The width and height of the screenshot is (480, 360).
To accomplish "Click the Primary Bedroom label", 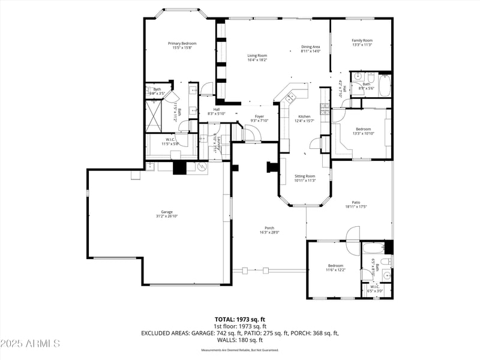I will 182,43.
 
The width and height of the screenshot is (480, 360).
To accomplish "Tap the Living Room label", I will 257,55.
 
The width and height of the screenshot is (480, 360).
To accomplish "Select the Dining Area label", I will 310,47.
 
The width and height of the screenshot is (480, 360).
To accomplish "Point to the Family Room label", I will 362,40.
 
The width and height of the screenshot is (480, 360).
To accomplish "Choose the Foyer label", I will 259,116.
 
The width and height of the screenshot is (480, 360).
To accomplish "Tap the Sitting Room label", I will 305,176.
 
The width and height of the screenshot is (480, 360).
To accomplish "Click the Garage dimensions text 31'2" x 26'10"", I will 166,216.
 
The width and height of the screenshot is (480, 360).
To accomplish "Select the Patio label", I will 356,203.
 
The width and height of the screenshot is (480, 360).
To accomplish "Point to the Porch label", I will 269,228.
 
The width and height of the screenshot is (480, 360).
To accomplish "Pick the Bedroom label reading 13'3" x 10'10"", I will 364,129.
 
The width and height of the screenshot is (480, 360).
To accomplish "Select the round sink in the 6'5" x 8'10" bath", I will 386,275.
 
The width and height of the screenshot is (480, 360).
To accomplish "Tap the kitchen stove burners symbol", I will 325,109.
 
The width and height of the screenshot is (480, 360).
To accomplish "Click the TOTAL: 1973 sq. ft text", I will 239,319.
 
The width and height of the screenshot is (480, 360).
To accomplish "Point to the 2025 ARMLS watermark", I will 31,344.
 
